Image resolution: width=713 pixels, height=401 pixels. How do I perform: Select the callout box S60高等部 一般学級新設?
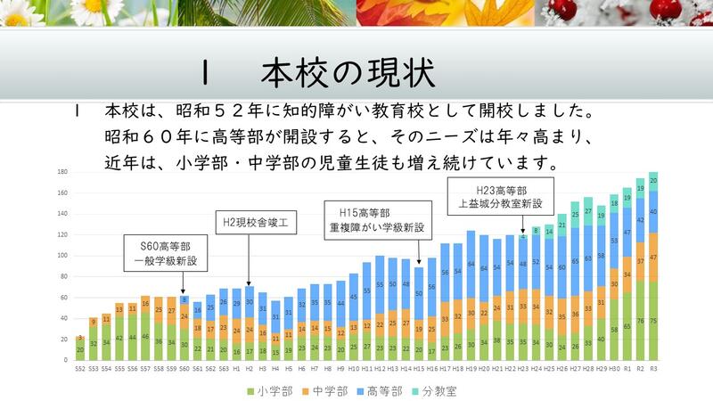click(167, 251)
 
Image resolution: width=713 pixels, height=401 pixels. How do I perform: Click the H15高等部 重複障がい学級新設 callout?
click(377, 220)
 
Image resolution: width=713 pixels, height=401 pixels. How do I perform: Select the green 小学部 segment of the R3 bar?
click(653, 321)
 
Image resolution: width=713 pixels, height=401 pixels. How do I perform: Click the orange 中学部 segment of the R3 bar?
click(653, 257)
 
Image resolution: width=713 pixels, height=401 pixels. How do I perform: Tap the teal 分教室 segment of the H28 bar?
click(588, 211)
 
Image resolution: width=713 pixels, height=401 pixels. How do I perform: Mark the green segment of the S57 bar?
click(145, 337)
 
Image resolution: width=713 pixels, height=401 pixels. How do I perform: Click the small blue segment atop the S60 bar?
click(184, 300)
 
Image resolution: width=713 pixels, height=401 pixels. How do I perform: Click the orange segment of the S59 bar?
click(171, 311)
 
